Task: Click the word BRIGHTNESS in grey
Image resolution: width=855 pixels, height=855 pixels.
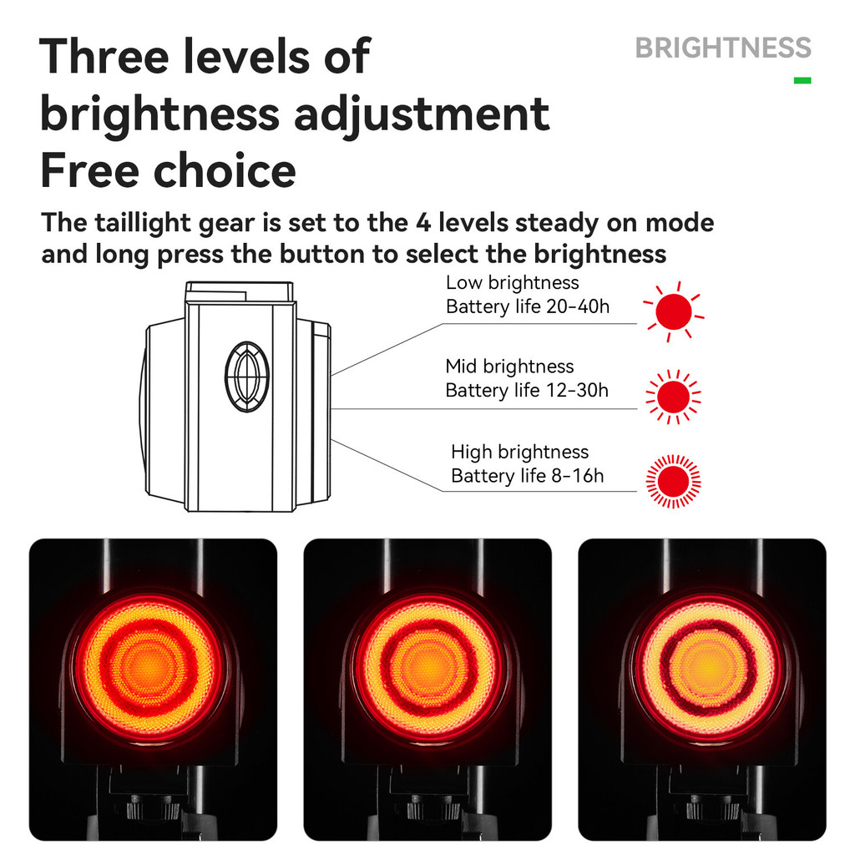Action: [723, 48]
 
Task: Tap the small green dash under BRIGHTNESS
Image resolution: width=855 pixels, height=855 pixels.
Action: [802, 81]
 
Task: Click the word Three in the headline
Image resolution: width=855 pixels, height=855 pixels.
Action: [104, 56]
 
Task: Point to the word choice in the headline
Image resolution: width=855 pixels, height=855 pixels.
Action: [225, 170]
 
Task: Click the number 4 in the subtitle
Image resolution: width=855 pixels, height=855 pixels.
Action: [423, 223]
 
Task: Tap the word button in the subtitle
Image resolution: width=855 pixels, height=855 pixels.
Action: [322, 254]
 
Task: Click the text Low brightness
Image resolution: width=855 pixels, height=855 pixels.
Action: [513, 282]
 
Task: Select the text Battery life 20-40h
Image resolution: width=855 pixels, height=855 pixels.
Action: [528, 306]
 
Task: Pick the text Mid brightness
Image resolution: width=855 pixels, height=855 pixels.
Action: [509, 367]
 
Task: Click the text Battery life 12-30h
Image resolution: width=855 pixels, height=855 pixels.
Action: [527, 391]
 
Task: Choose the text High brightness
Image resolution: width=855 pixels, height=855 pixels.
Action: [519, 452]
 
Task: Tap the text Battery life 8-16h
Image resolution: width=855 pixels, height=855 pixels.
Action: [528, 476]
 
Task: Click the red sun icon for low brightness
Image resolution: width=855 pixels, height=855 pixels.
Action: [674, 312]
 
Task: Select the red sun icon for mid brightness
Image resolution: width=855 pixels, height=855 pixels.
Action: [674, 397]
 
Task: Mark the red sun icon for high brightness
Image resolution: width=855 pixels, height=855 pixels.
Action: [674, 482]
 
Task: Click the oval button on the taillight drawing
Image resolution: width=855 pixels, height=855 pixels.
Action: [247, 377]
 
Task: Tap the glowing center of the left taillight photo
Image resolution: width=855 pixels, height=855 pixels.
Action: [149, 666]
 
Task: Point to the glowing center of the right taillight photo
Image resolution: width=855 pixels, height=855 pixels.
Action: [708, 666]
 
